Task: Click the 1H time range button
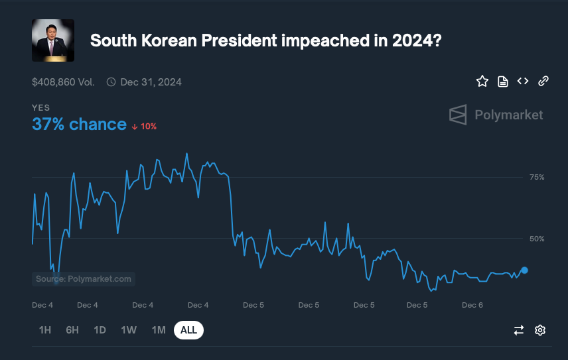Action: tap(45, 330)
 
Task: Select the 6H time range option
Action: tap(72, 330)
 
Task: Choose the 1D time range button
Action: tap(100, 330)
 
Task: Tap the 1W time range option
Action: tap(129, 330)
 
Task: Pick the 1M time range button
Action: tap(159, 330)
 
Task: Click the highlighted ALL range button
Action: tap(188, 330)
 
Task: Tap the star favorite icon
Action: tap(482, 82)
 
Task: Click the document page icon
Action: tap(503, 82)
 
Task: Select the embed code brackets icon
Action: tap(523, 81)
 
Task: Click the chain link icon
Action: tap(543, 81)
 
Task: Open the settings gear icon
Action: tap(540, 330)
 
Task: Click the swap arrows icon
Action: tap(519, 330)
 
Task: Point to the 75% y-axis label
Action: tap(537, 177)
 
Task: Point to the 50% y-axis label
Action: tap(537, 239)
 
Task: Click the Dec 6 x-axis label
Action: tap(472, 305)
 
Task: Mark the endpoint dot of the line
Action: tap(524, 270)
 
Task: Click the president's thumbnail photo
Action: tap(53, 40)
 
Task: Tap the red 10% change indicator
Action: tap(144, 126)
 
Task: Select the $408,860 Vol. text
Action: tap(63, 82)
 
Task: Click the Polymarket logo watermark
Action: tap(496, 115)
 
